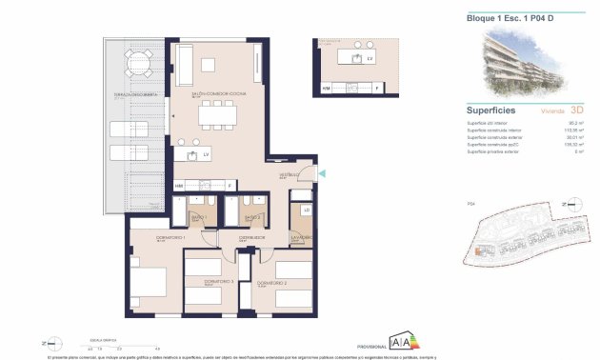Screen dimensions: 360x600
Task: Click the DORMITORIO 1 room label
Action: [x=145, y=237]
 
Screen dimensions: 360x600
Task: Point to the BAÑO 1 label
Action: [x=198, y=218]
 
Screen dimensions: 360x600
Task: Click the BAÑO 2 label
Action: [x=251, y=218]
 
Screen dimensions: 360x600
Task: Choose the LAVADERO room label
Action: [x=302, y=237]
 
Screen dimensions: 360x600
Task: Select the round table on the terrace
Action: [x=139, y=66]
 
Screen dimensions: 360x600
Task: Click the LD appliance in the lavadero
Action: [x=306, y=210]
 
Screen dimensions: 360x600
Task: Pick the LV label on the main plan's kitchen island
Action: [x=205, y=153]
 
